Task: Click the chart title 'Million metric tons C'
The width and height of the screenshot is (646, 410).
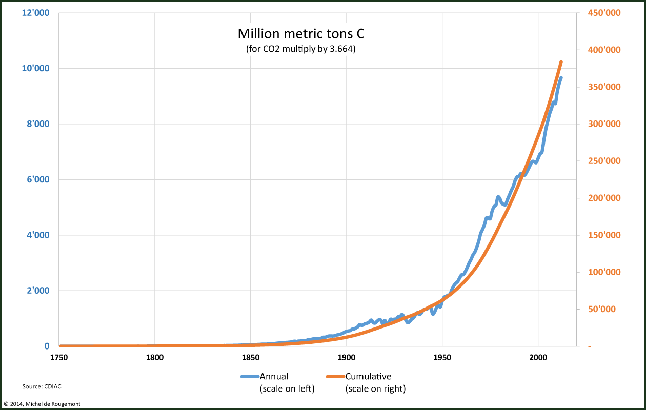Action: [301, 34]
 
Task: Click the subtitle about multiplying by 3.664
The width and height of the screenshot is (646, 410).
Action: [301, 50]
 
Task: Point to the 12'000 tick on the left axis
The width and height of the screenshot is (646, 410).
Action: [35, 13]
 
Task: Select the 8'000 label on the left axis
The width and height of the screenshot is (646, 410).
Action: [37, 124]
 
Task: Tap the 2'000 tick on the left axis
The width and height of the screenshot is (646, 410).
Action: [37, 291]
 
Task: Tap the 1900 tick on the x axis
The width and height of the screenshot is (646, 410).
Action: [347, 358]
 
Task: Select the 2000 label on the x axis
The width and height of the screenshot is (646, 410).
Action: [538, 358]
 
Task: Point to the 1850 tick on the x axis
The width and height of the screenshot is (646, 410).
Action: [251, 358]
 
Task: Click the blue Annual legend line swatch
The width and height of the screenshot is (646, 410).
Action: [250, 377]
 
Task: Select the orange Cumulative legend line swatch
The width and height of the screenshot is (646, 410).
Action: [335, 377]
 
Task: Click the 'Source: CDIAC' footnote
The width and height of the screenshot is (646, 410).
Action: [38, 386]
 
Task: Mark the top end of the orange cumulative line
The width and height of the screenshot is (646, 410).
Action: [561, 62]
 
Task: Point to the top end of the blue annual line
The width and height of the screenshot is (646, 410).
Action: [561, 78]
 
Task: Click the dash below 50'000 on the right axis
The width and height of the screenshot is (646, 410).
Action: [590, 347]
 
